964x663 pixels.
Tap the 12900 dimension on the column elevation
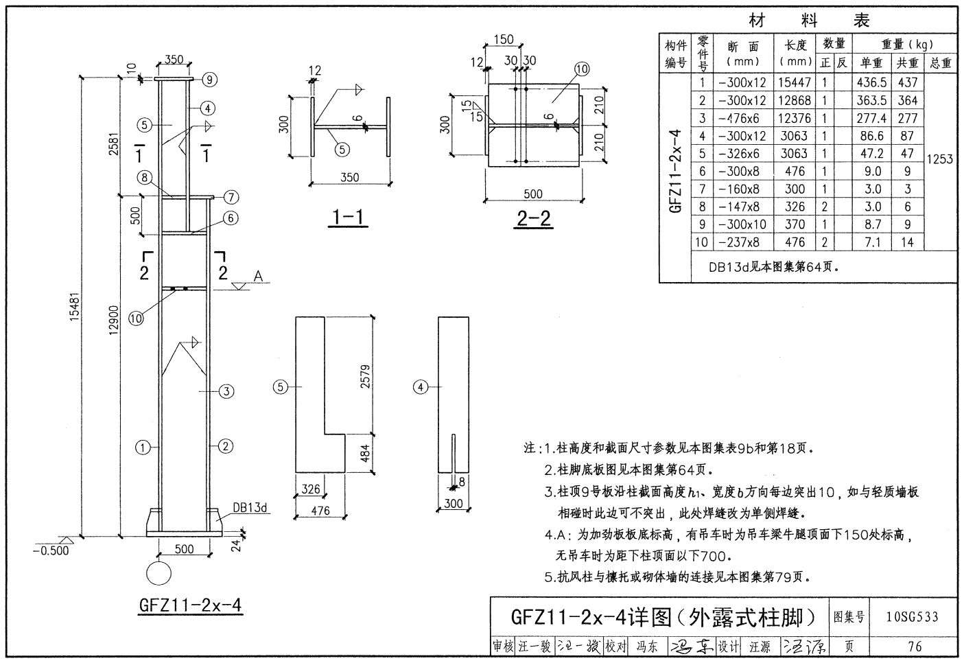114,320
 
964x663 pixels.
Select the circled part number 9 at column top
209,80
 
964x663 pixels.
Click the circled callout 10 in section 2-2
582,69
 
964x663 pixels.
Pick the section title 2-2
533,218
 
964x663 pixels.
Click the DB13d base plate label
249,508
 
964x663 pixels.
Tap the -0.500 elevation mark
51,550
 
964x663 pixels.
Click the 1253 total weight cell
939,159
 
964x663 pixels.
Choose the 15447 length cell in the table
795,82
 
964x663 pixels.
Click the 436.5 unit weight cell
871,82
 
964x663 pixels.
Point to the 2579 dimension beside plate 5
365,376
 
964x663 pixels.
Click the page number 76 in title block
914,646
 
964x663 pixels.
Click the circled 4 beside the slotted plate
420,388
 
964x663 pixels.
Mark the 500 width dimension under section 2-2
532,194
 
